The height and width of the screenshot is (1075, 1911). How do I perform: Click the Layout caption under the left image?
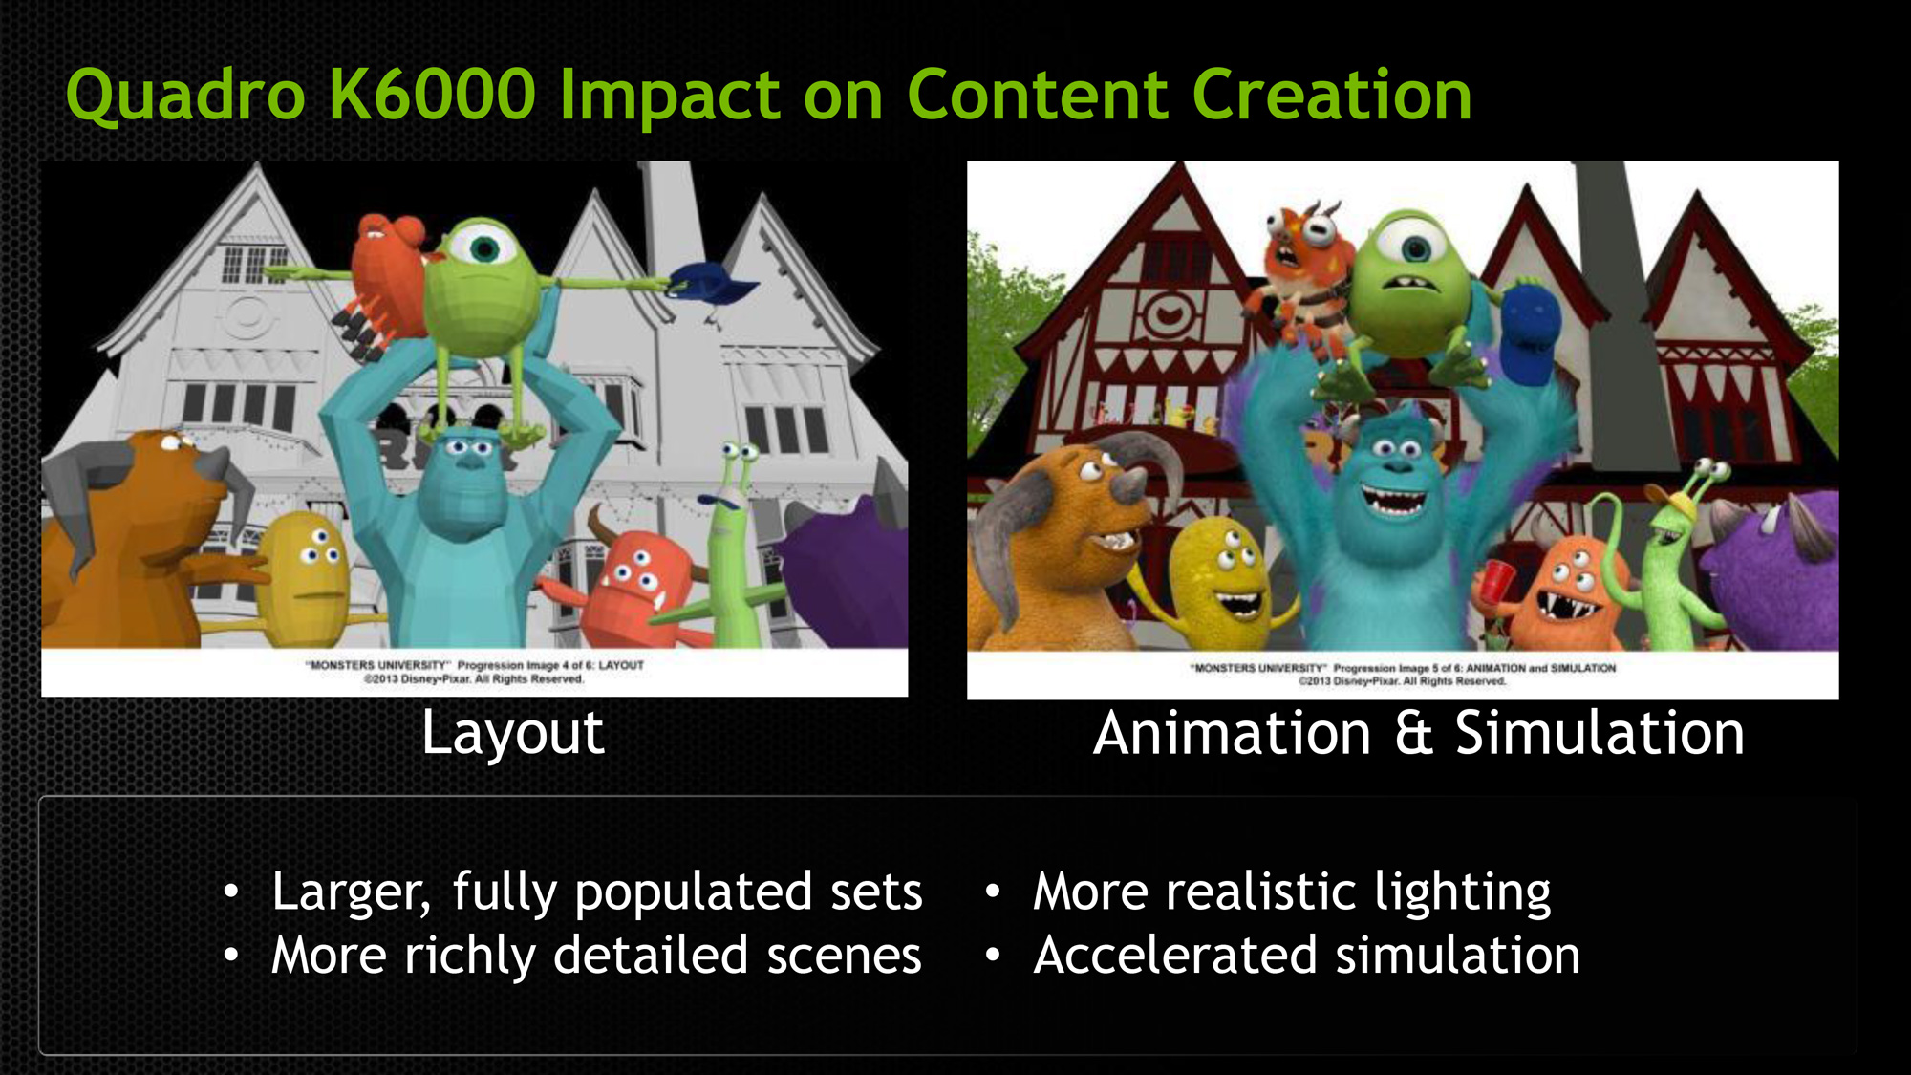click(x=513, y=734)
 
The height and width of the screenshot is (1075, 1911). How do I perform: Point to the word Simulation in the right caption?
click(x=1600, y=734)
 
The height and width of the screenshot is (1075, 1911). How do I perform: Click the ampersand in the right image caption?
click(x=1413, y=734)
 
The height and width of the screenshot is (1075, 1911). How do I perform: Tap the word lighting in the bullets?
click(x=1463, y=892)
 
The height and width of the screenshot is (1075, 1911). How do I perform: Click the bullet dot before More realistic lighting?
click(x=994, y=892)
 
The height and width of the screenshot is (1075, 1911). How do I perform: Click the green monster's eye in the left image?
click(x=484, y=248)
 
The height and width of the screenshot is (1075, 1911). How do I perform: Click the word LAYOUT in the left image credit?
click(x=621, y=665)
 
